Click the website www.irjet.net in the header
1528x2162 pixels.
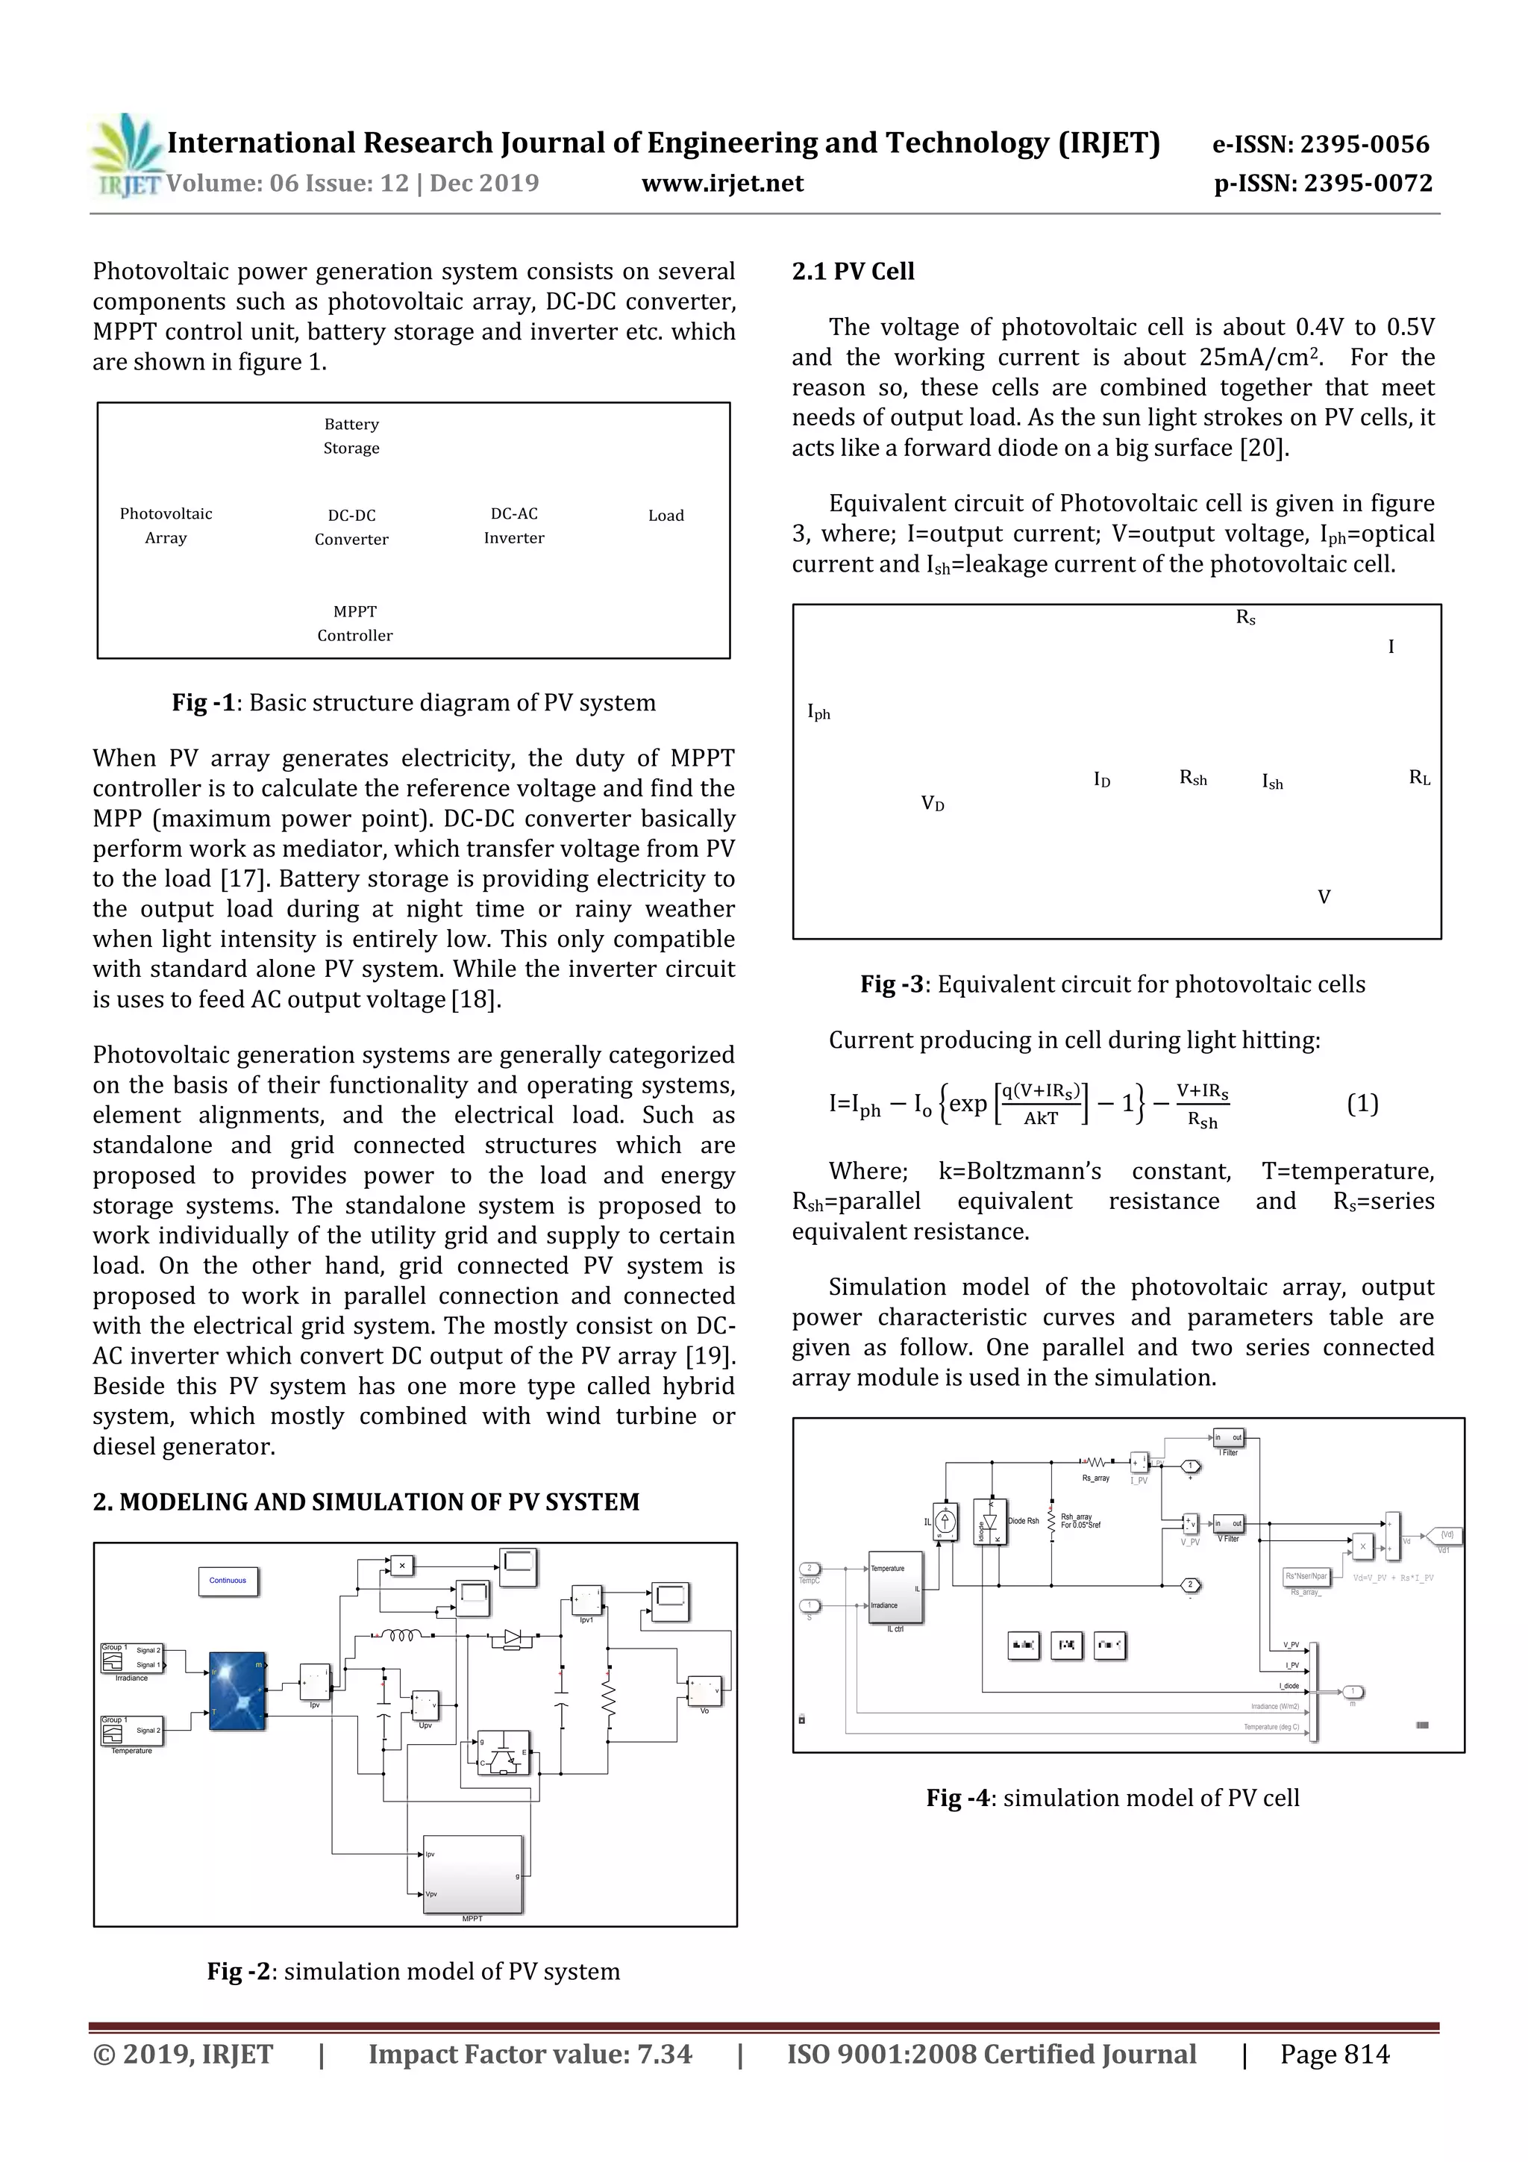tap(722, 184)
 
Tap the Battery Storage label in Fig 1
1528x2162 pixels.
tap(351, 436)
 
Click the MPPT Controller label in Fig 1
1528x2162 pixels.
tap(355, 623)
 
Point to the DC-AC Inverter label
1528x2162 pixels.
tap(514, 525)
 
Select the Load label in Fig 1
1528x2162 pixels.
tap(666, 515)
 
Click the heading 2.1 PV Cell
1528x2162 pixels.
tap(853, 271)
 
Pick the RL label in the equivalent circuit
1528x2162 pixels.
tap(1419, 778)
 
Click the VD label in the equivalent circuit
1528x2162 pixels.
tap(932, 803)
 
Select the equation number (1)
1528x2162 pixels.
tap(1362, 1104)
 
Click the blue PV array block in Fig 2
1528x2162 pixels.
tap(237, 1691)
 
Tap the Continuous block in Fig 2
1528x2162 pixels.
tap(228, 1581)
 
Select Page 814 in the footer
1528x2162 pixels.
tap(1334, 2054)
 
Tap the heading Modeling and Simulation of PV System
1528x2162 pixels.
tap(366, 1502)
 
